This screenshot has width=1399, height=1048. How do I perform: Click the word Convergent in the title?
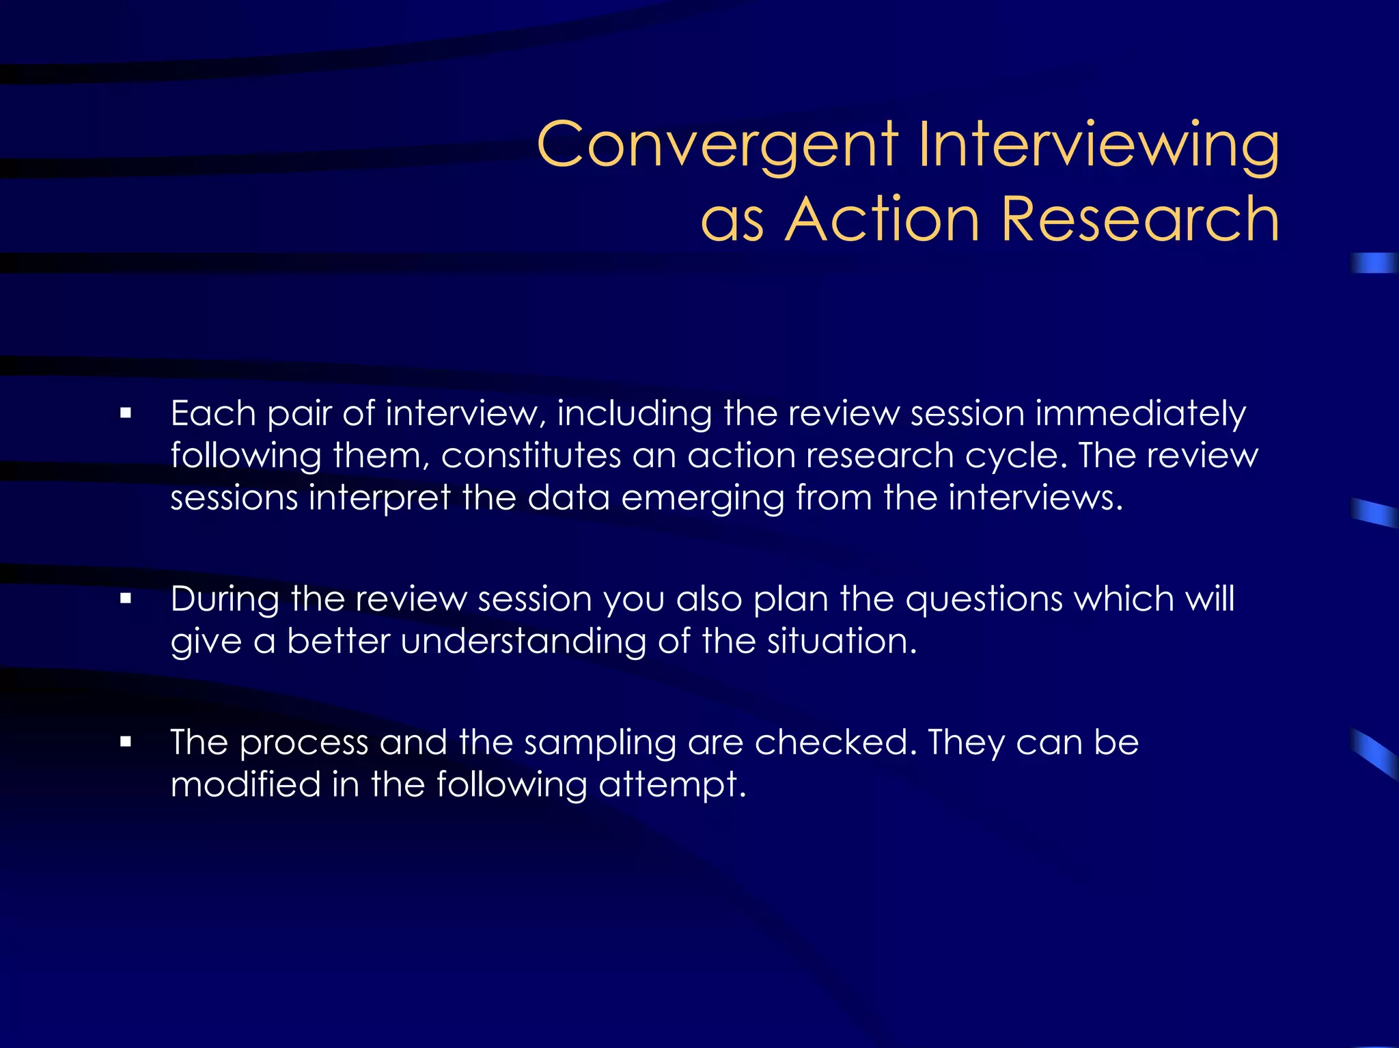(717, 145)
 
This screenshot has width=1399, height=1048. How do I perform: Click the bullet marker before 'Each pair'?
(125, 413)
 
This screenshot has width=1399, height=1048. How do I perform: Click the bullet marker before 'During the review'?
(125, 598)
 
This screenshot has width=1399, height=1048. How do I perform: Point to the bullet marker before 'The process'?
(125, 742)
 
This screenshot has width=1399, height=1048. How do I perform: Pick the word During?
(225, 599)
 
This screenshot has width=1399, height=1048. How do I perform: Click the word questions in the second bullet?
(984, 599)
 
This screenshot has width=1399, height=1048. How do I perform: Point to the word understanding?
(523, 642)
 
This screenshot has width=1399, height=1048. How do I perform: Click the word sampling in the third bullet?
(600, 743)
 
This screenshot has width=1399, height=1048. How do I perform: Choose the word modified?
(245, 784)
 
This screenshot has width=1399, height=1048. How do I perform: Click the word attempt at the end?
(672, 784)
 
